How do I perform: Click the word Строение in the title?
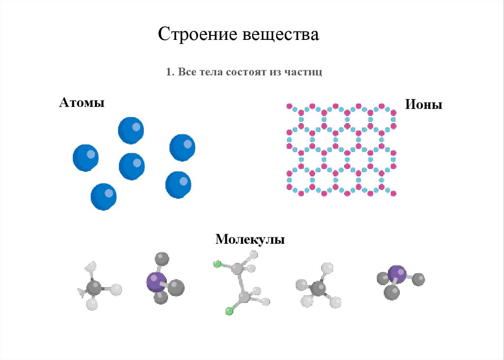[x=197, y=35]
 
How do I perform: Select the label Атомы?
[x=81, y=103]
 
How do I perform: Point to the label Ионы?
[x=423, y=104]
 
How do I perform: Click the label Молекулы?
[x=250, y=240]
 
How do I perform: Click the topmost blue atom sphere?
[x=131, y=130]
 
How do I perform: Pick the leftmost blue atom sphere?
[x=86, y=158]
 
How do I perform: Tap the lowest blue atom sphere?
[x=103, y=196]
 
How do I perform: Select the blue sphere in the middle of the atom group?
[x=132, y=166]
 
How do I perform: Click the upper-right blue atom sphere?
[x=183, y=147]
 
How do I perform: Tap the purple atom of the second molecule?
[x=156, y=282]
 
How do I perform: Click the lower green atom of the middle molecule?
[x=228, y=311]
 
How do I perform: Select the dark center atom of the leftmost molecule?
[x=94, y=288]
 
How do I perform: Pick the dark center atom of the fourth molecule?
[x=318, y=289]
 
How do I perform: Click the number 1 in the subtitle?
[x=168, y=72]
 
